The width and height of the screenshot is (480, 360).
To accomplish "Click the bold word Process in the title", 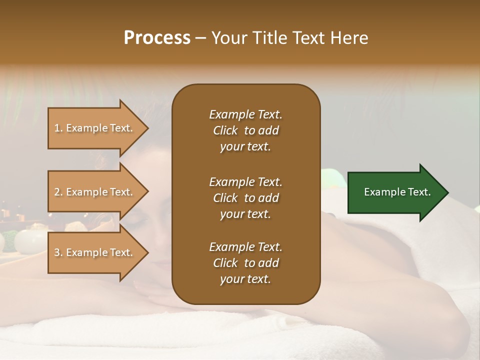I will point(157,38).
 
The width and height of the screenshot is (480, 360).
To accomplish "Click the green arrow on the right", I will point(395,192).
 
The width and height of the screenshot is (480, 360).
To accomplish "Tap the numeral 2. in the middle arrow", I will point(58,192).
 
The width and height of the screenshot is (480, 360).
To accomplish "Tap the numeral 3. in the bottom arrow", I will point(58,252).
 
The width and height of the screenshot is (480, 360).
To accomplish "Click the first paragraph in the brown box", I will point(245,130).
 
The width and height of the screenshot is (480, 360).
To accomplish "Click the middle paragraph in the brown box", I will point(245,198).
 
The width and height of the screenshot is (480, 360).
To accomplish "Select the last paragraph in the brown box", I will point(245,263).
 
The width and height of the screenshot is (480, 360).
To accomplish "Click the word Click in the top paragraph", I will point(225,130).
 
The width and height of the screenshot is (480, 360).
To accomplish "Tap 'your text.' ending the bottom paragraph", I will point(245,279).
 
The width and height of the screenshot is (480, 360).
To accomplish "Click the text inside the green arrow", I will point(397,192).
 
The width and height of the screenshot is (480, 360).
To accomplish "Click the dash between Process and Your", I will point(200,38).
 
